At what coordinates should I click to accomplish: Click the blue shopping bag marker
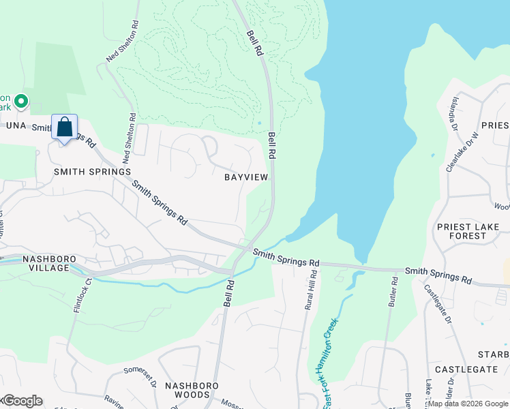tap(64, 127)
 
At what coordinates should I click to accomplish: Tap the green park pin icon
tap(21, 102)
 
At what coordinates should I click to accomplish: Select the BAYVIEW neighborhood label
tap(246, 177)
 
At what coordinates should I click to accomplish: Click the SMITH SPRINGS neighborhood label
tap(92, 172)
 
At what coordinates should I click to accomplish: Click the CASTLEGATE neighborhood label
tap(466, 369)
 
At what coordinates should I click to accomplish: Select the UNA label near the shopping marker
tap(15, 126)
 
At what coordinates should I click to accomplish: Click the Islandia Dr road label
tap(454, 113)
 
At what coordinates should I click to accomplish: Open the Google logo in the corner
tap(22, 401)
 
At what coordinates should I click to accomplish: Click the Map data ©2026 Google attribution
tap(468, 404)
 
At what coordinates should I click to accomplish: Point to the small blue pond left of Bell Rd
tap(259, 123)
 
